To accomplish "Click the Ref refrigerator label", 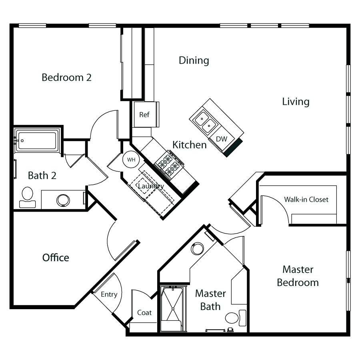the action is click(144, 114).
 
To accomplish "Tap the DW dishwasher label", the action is click(222, 139).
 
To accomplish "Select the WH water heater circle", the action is click(131, 159).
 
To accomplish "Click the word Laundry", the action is click(151, 186).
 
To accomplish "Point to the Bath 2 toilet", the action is click(27, 197).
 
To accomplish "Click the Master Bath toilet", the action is click(236, 318).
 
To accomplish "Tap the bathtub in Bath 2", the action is click(37, 140).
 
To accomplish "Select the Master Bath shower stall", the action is click(173, 308).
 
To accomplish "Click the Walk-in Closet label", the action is click(306, 199).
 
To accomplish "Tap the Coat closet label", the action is click(144, 312).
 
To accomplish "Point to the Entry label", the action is click(109, 294).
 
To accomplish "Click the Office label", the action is click(56, 258).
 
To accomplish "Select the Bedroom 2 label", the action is click(66, 77).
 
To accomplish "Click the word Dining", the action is click(194, 60).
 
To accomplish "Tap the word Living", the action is click(296, 102).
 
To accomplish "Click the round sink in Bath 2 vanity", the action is click(63, 200).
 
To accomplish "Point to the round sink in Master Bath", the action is click(198, 249).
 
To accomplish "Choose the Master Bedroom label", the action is click(298, 276).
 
